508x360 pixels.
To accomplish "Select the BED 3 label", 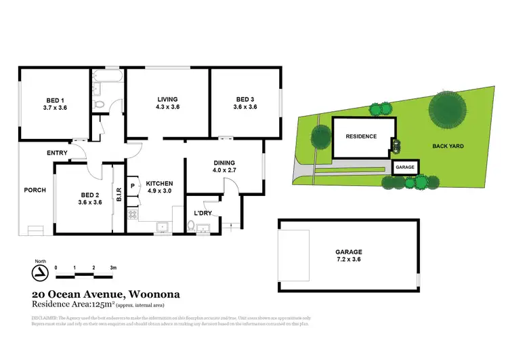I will point(245,99).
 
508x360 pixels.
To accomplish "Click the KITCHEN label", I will point(159,184).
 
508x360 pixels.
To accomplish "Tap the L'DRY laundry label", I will point(204,214).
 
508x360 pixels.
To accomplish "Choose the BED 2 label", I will point(89,194).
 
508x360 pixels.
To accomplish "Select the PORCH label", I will point(35,190).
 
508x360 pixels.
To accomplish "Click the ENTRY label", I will point(57,153).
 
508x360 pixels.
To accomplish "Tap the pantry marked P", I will point(132,185).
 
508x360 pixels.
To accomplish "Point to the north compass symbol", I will point(41,273).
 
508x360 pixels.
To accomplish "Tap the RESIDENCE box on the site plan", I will point(361,136).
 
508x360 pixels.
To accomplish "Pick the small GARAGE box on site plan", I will point(405,167).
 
